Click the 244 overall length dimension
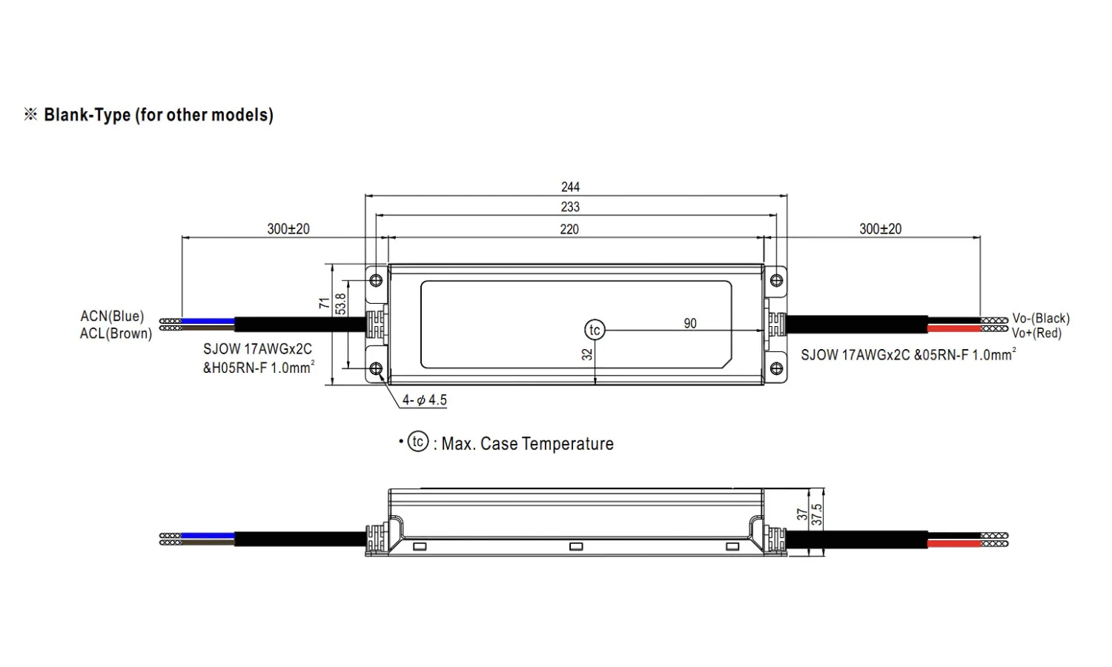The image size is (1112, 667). pyautogui.click(x=570, y=187)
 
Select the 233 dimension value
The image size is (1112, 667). pyautogui.click(x=570, y=207)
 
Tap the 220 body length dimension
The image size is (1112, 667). pyautogui.click(x=569, y=229)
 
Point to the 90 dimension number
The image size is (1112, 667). pyautogui.click(x=690, y=324)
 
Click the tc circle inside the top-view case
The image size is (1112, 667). pyautogui.click(x=595, y=330)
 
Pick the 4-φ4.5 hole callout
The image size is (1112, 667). pyautogui.click(x=425, y=400)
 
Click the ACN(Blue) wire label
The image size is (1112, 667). pyautogui.click(x=112, y=316)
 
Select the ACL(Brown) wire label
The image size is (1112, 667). pyautogui.click(x=116, y=333)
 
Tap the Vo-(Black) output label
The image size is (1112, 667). pyautogui.click(x=1041, y=318)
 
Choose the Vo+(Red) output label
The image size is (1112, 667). pyautogui.click(x=1036, y=333)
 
